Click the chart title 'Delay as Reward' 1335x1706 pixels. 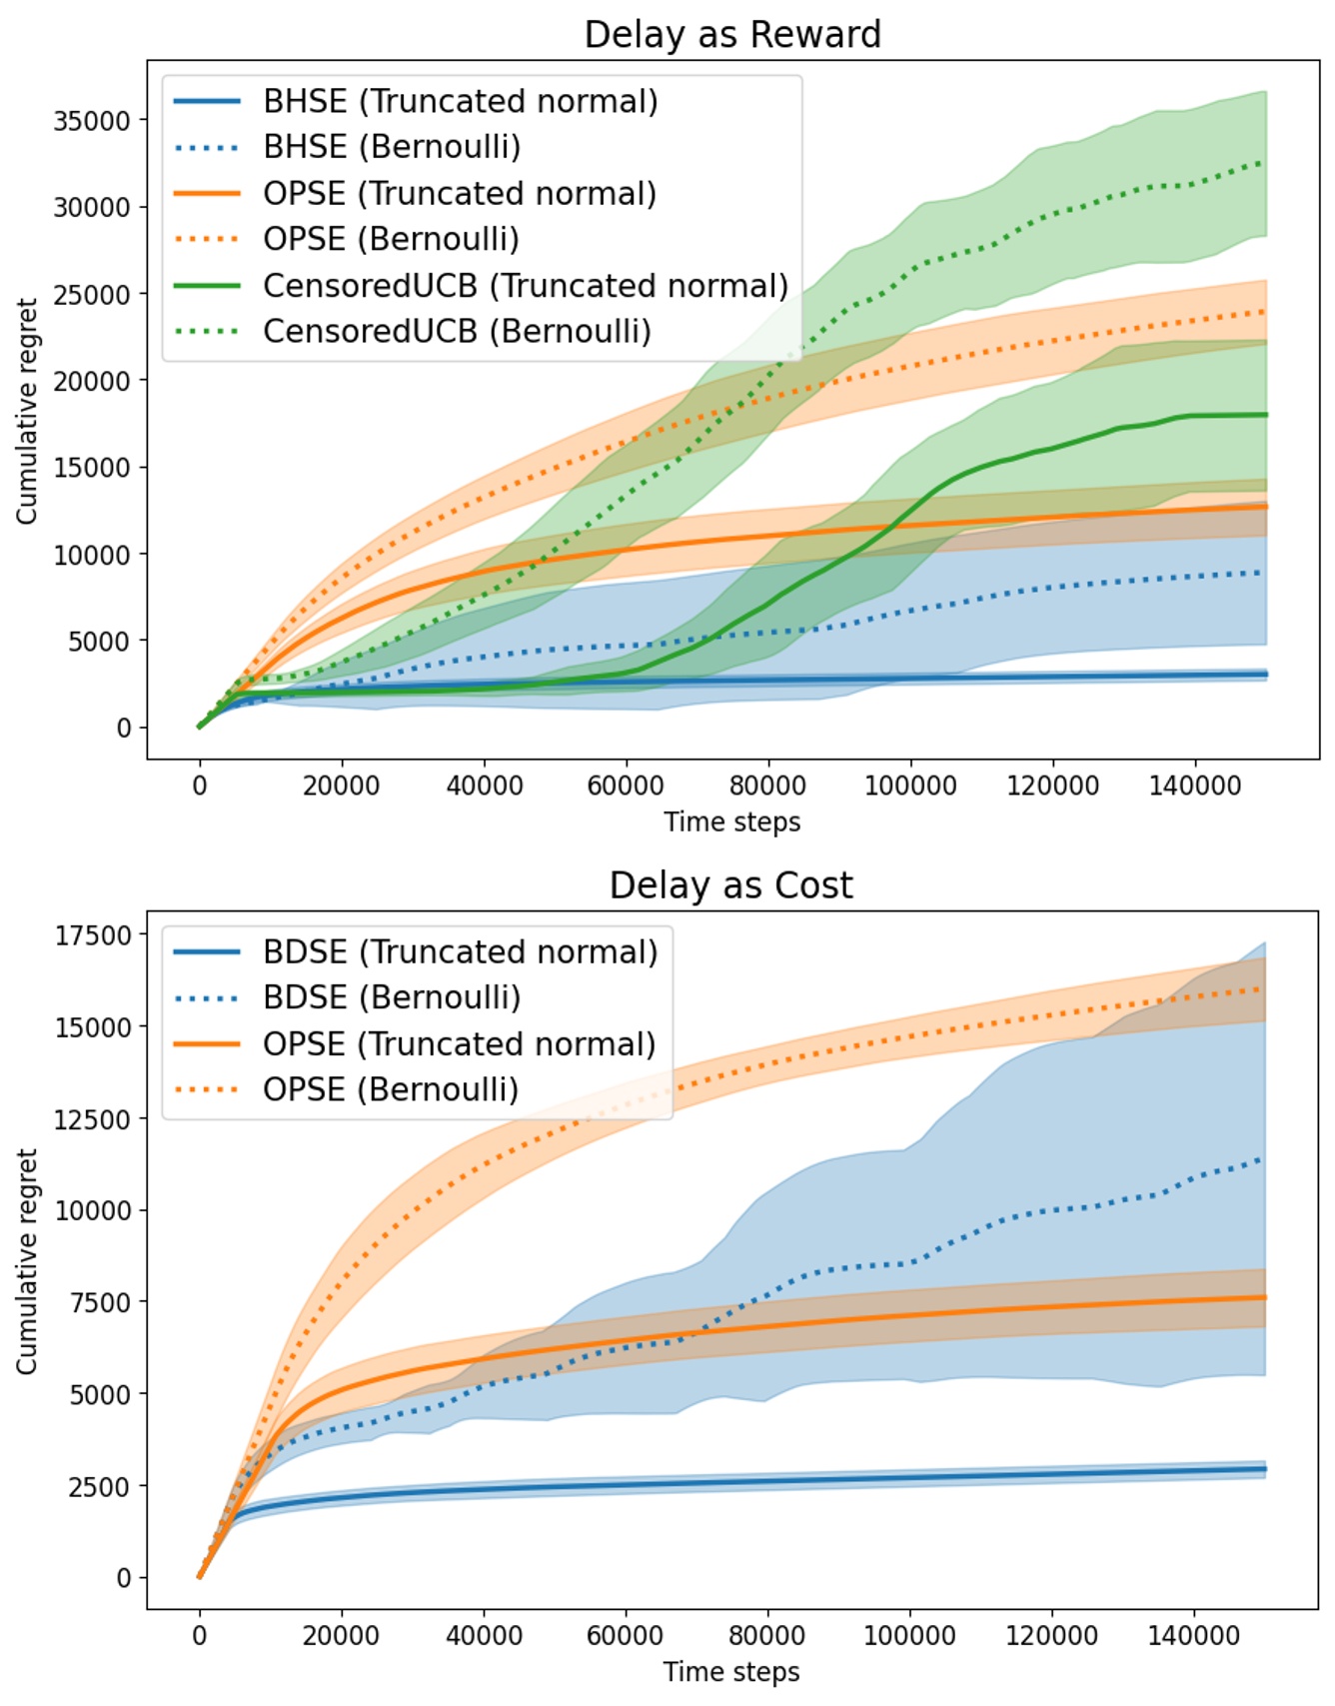pyautogui.click(x=732, y=34)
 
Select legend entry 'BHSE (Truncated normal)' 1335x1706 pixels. pyautogui.click(x=461, y=101)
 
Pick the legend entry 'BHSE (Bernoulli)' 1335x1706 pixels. pyautogui.click(x=392, y=147)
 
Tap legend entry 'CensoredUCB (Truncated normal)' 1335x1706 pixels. pyautogui.click(x=526, y=285)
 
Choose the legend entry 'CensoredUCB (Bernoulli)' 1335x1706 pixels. pyautogui.click(x=457, y=331)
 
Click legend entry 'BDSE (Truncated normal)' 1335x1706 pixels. pyautogui.click(x=461, y=951)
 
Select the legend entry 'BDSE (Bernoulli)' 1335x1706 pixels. pyautogui.click(x=392, y=997)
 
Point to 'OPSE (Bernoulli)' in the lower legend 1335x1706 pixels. pyautogui.click(x=391, y=1089)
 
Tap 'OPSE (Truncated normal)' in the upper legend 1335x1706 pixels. pyautogui.click(x=460, y=193)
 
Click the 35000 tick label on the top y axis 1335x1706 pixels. pyautogui.click(x=92, y=121)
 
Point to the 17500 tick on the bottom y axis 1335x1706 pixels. pyautogui.click(x=92, y=935)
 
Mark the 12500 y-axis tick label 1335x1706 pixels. pyautogui.click(x=92, y=1119)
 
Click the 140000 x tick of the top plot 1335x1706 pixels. pyautogui.click(x=1195, y=786)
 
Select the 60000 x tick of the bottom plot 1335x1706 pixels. pyautogui.click(x=626, y=1636)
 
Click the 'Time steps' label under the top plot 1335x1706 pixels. pyautogui.click(x=731, y=822)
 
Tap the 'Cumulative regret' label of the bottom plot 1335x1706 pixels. pyautogui.click(x=27, y=1261)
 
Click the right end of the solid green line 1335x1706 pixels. pyautogui.click(x=1266, y=415)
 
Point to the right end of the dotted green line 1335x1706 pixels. pyautogui.click(x=1265, y=162)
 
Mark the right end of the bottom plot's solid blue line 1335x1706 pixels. pyautogui.click(x=1266, y=1468)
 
